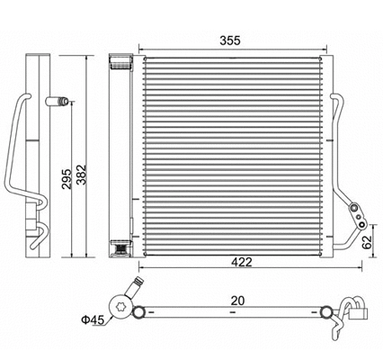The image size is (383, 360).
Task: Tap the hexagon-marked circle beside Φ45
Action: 119,304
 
